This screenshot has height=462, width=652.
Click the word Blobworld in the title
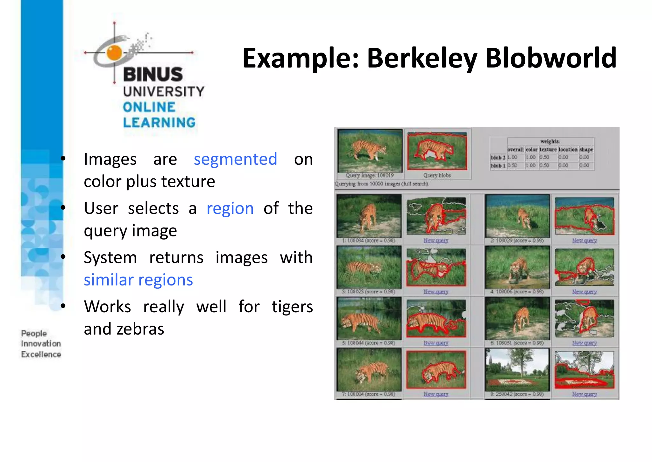pyautogui.click(x=551, y=58)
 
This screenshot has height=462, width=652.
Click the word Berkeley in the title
pyautogui.click(x=422, y=59)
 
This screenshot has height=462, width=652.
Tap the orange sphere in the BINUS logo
pyautogui.click(x=114, y=53)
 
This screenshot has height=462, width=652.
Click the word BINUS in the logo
pyautogui.click(x=153, y=75)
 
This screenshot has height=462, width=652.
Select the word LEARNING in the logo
pyautogui.click(x=159, y=123)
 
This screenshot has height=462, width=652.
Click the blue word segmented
pyautogui.click(x=235, y=159)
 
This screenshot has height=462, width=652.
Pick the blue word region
pyautogui.click(x=230, y=208)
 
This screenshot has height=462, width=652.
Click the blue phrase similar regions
pyautogui.click(x=138, y=280)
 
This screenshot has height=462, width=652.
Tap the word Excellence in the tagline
pyautogui.click(x=41, y=354)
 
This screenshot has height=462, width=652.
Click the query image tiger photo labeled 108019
pyautogui.click(x=370, y=151)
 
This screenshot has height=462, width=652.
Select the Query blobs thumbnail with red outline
pyautogui.click(x=437, y=151)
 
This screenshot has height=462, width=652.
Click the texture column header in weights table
pyautogui.click(x=548, y=149)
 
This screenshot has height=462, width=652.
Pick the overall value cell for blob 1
pyautogui.click(x=512, y=166)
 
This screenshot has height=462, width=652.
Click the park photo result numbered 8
pyautogui.click(x=517, y=370)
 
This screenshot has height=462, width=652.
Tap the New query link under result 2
pyautogui.click(x=584, y=241)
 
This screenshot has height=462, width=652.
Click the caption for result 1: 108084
pyautogui.click(x=369, y=241)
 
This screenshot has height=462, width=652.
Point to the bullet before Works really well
pyautogui.click(x=63, y=306)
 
